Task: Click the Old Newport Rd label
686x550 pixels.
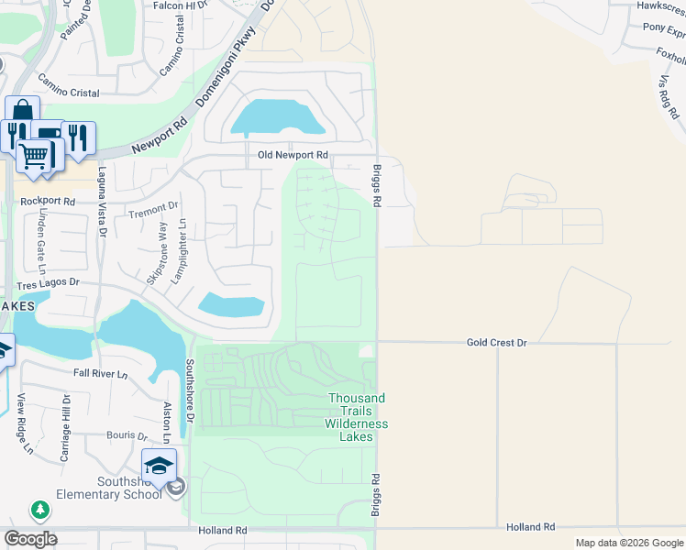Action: (293, 156)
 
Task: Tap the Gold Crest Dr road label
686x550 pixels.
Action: (496, 342)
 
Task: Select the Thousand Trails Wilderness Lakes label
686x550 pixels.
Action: (358, 417)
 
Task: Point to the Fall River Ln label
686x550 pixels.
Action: (101, 374)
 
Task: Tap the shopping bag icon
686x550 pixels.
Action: (22, 111)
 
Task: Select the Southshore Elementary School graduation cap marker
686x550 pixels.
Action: (159, 465)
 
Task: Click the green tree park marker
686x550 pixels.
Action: (39, 510)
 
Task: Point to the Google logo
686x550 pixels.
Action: (30, 539)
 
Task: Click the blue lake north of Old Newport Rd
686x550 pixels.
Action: (275, 117)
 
